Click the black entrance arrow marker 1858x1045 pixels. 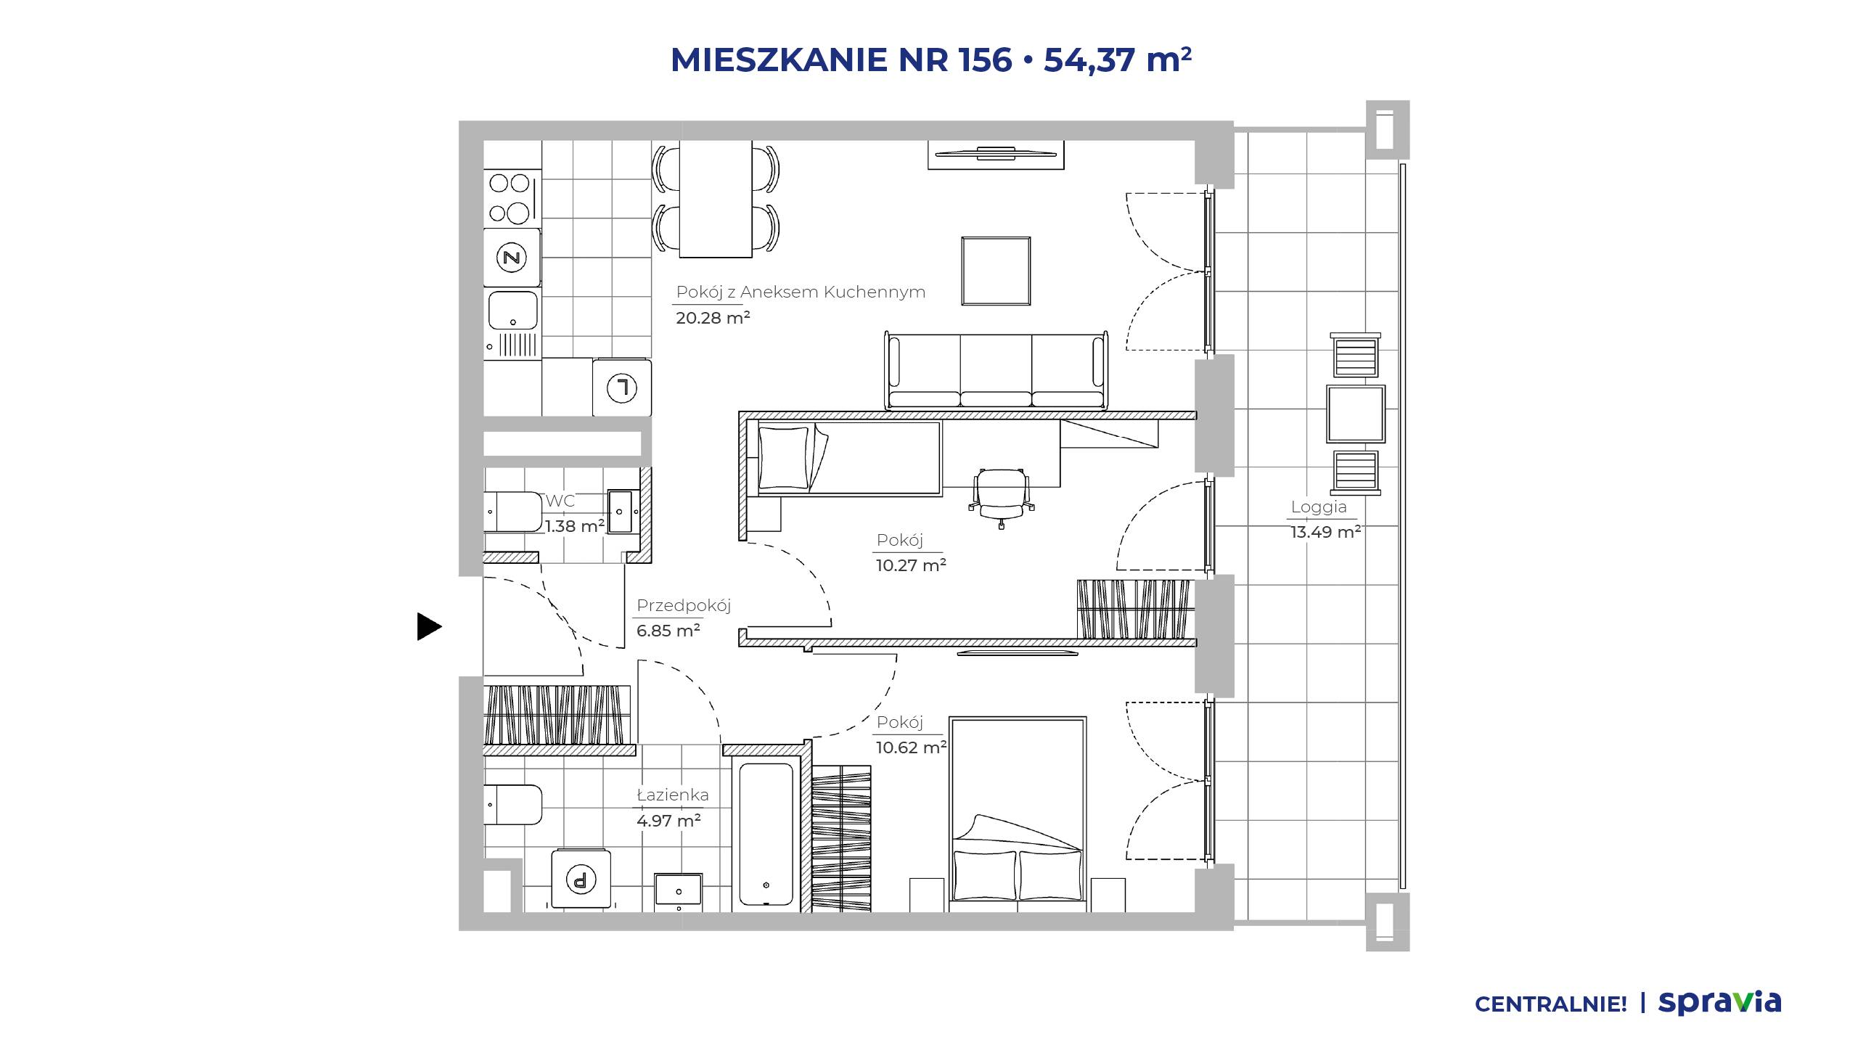click(429, 626)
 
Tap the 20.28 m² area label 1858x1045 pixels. click(713, 318)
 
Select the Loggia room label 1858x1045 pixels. click(1319, 507)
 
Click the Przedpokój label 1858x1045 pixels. click(684, 606)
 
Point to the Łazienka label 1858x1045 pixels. click(673, 795)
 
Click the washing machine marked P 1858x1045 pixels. click(581, 878)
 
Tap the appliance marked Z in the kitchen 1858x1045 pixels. click(512, 257)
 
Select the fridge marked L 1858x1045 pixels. click(621, 388)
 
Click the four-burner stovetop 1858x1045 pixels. click(512, 197)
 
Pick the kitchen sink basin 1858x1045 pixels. click(512, 310)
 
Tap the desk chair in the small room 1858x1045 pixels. click(1002, 495)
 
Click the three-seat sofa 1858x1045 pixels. click(996, 370)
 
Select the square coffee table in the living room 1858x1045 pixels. click(996, 271)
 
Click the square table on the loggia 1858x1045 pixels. click(1356, 414)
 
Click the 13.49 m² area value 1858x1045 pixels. click(1325, 532)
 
